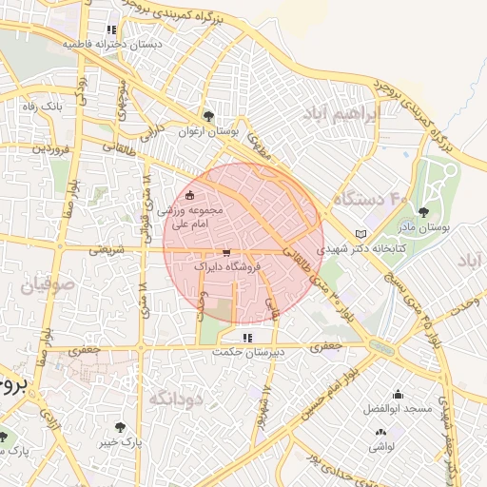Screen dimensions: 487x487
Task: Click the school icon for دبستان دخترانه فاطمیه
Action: (x=112, y=29)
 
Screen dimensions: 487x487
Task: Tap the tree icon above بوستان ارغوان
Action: (x=209, y=116)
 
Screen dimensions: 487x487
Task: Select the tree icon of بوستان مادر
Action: (x=423, y=212)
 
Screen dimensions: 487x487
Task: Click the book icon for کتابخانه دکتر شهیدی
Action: (x=359, y=233)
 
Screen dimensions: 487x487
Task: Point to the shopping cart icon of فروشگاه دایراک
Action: (x=225, y=253)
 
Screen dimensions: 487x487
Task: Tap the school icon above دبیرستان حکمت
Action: (x=247, y=337)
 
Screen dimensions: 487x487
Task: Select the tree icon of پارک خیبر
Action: (x=121, y=427)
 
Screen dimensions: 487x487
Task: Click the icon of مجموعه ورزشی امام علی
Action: (x=189, y=195)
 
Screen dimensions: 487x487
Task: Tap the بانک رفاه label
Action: (x=43, y=107)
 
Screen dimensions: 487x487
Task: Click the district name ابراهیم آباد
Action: (x=341, y=113)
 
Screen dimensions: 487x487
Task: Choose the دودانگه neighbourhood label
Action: (x=174, y=398)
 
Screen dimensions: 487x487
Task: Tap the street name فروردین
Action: (x=47, y=149)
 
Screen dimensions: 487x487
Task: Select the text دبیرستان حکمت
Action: (x=247, y=352)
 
